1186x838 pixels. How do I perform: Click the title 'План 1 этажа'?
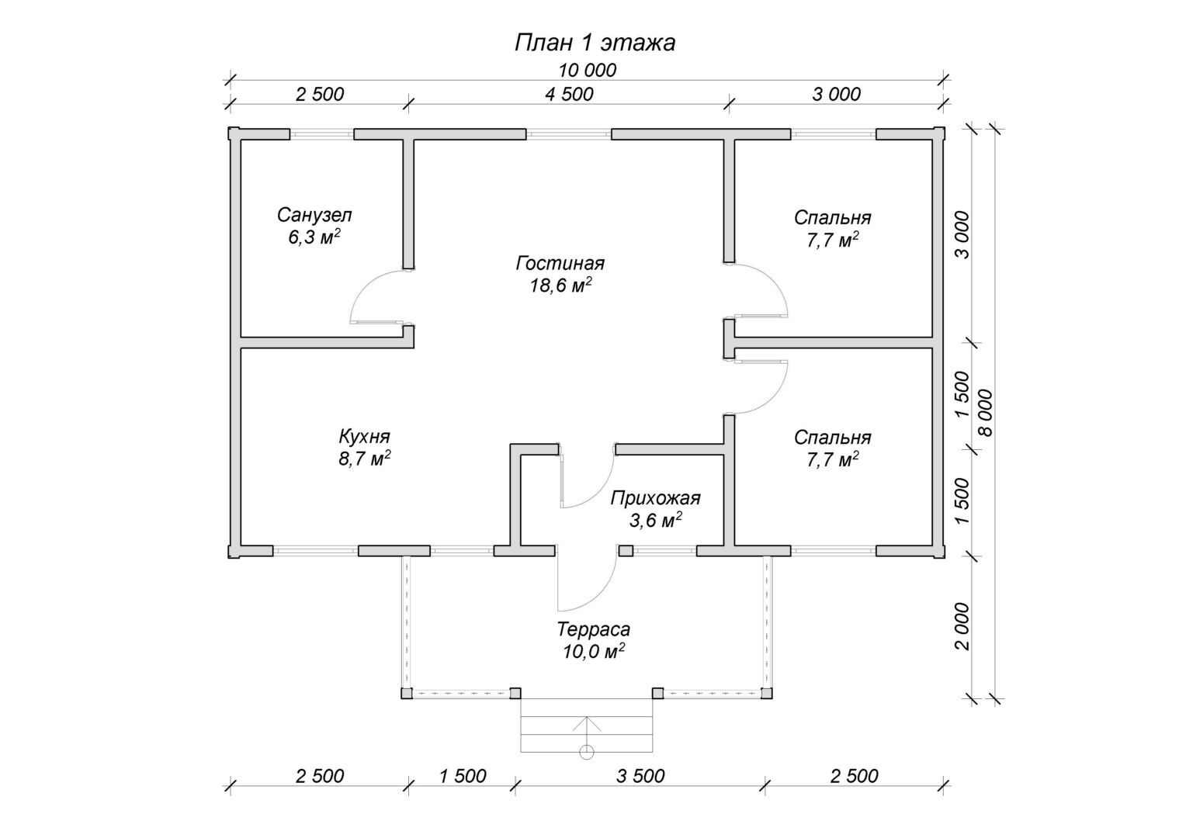tap(595, 43)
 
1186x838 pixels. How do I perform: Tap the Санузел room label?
tap(314, 215)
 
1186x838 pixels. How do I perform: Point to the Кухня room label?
tap(364, 436)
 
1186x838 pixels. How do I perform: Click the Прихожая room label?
tap(655, 498)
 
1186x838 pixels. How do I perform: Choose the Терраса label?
tap(594, 629)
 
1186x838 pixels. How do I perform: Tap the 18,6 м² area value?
tap(560, 286)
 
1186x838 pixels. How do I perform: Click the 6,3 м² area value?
tap(314, 237)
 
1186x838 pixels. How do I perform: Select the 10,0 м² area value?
tap(594, 651)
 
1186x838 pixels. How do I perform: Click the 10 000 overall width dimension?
tap(587, 71)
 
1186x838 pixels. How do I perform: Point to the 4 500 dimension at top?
tap(569, 95)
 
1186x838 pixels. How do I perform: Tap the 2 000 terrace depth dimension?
tap(962, 626)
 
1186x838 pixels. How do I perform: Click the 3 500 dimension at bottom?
tap(640, 776)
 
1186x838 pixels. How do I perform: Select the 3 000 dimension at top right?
tap(836, 95)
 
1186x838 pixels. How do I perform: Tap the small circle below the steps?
tap(586, 752)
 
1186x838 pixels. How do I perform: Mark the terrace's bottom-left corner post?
tap(406, 693)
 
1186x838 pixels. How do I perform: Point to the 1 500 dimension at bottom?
tap(462, 776)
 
